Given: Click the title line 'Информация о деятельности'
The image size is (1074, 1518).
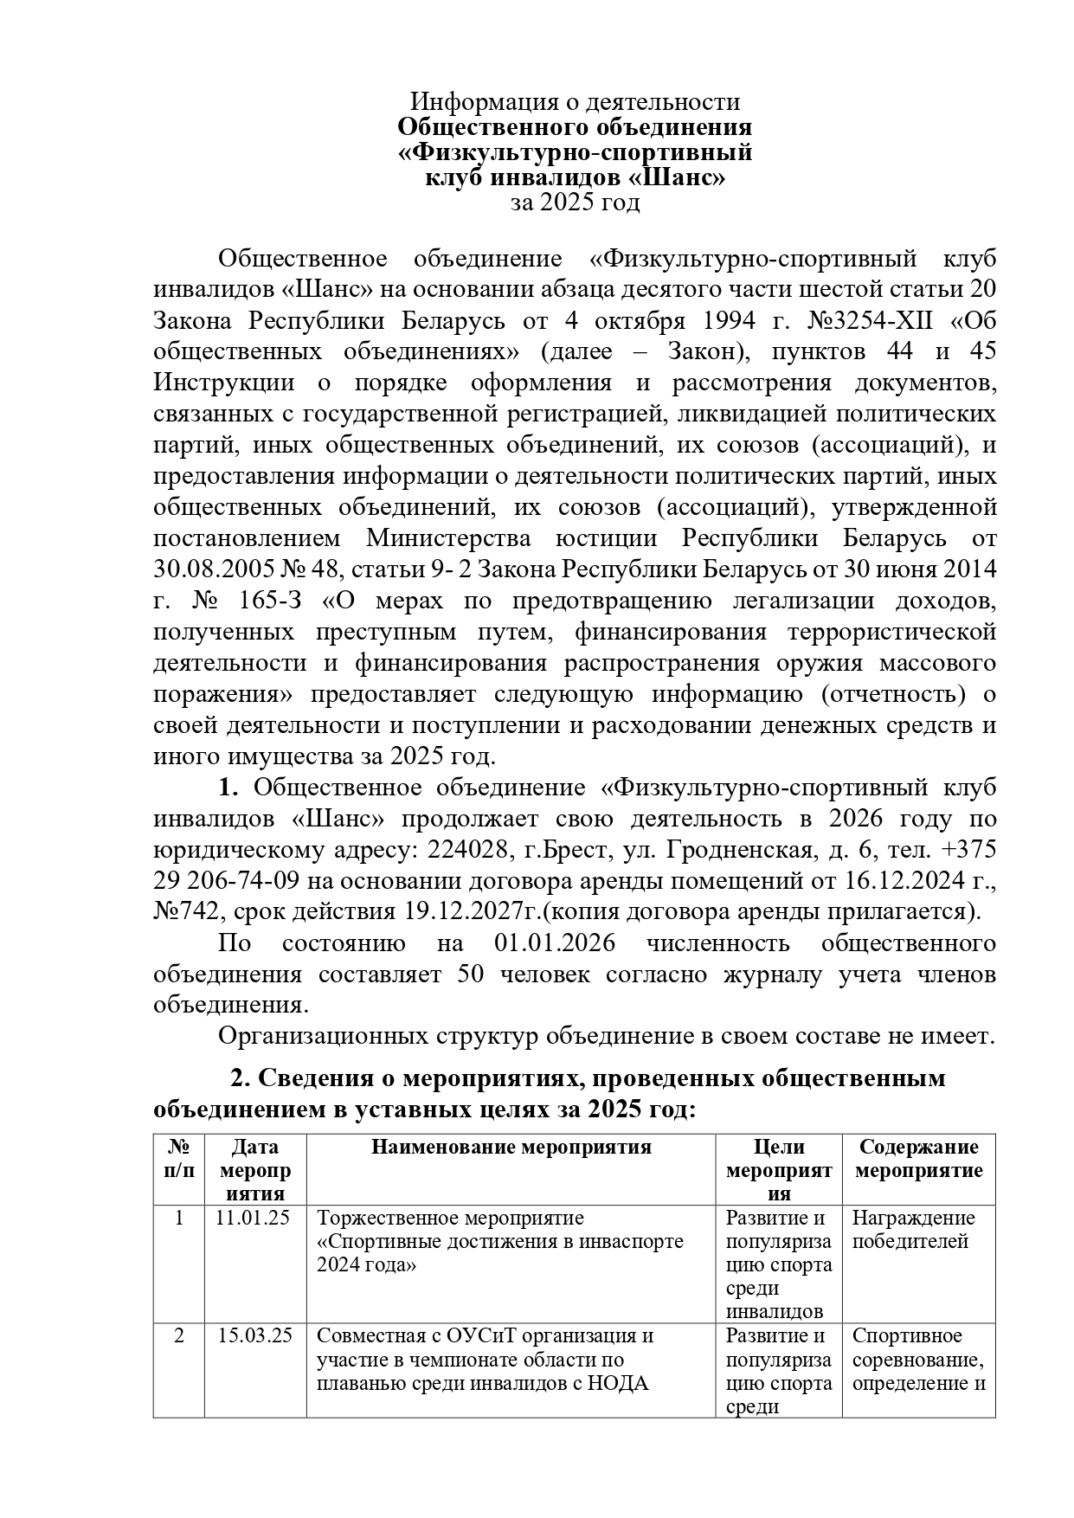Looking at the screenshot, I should pos(575,102).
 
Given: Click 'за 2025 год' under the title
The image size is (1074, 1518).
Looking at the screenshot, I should pos(575,203).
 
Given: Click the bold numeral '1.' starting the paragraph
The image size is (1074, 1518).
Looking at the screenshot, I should pos(228,788).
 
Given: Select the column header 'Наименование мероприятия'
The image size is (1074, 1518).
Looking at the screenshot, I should pos(511,1148).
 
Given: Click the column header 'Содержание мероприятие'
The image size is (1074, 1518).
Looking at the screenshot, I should pos(918,1159).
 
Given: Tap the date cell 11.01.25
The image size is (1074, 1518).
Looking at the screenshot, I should pos(254,1218).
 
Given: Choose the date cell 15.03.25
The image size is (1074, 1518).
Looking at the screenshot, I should pos(254,1335).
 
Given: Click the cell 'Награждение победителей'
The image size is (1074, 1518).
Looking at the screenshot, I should pos(913,1230).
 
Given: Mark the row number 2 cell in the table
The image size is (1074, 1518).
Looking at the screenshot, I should pos(179,1335).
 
